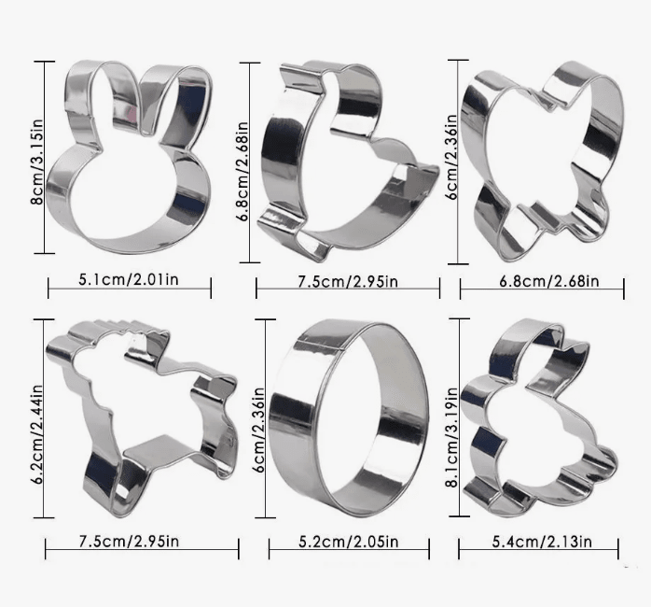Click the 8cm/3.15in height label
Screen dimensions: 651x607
37,162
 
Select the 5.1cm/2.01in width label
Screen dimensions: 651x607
129,279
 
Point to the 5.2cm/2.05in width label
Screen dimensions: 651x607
348,542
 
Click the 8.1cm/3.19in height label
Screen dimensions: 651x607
451,437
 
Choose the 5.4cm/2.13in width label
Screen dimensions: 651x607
542,542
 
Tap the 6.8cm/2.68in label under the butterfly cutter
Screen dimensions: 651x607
548,281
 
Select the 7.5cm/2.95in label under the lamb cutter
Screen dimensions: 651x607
129,541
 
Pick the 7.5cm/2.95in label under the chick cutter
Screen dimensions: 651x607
348,281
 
